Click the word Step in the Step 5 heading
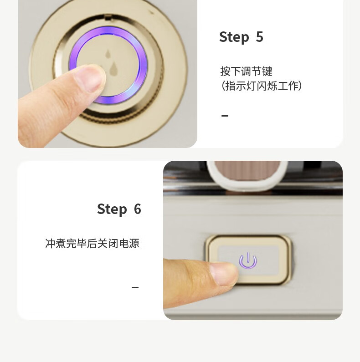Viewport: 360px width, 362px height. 234,37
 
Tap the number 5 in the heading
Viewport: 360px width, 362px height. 259,36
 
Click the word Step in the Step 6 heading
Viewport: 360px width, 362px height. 112,209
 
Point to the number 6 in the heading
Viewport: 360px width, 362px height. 138,209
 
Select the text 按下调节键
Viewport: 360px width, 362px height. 246,71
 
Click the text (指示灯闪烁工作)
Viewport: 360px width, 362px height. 261,86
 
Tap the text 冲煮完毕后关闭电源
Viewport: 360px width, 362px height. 92,243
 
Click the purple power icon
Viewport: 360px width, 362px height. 248,261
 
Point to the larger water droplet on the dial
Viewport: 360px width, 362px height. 113,69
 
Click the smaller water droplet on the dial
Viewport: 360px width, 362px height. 108,54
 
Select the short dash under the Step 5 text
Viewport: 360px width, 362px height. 225,116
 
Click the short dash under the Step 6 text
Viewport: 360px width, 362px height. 135,287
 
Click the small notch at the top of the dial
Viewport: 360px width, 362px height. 108,17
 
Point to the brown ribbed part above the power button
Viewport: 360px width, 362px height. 247,170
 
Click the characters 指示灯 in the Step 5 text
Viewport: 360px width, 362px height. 240,86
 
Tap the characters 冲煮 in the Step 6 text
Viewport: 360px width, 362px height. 56,243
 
